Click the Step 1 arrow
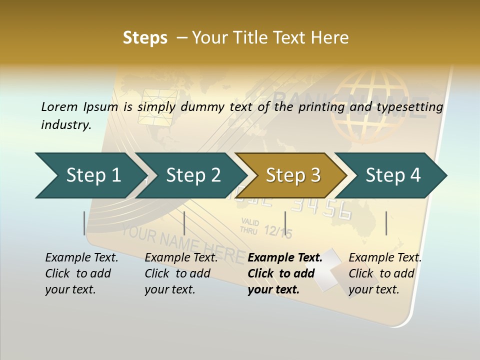tap(90, 175)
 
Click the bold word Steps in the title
tap(145, 37)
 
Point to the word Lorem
tap(59, 106)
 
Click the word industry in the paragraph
tap(65, 125)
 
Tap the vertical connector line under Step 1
tap(84, 223)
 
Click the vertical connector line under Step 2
tap(184, 223)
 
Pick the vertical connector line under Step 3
tap(285, 223)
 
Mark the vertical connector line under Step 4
tap(386, 223)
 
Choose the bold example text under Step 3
tap(284, 273)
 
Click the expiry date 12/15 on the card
tap(277, 231)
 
